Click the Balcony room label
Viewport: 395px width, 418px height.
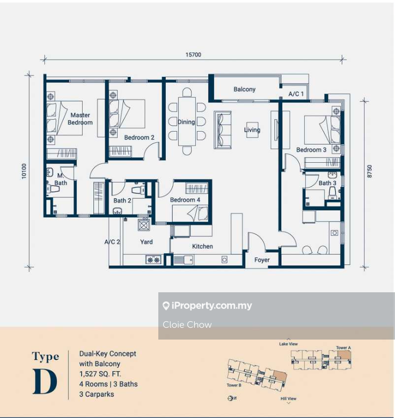coord(244,89)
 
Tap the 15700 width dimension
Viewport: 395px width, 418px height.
coord(193,55)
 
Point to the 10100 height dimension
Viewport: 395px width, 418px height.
coord(24,171)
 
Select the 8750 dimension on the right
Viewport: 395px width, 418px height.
coord(369,171)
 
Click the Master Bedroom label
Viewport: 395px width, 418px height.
coord(80,119)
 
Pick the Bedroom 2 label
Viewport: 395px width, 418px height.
coord(139,138)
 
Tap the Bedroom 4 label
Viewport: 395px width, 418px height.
coord(185,200)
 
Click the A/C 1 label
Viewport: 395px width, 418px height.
coord(296,94)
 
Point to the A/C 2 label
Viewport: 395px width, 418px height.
coord(112,242)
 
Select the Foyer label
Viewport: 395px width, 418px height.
coord(262,260)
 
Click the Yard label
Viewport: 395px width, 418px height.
coord(147,242)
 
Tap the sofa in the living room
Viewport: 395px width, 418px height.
coord(222,130)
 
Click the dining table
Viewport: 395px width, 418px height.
coord(187,121)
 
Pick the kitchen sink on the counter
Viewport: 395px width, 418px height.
coord(184,260)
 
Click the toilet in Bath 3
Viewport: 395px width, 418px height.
coord(332,193)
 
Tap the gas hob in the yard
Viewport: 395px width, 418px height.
coord(153,260)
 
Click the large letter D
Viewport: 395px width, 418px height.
coord(45,381)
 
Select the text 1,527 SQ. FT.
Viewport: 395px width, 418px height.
coord(100,374)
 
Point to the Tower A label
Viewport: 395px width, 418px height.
coord(343,348)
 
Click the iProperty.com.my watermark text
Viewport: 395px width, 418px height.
coord(212,306)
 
